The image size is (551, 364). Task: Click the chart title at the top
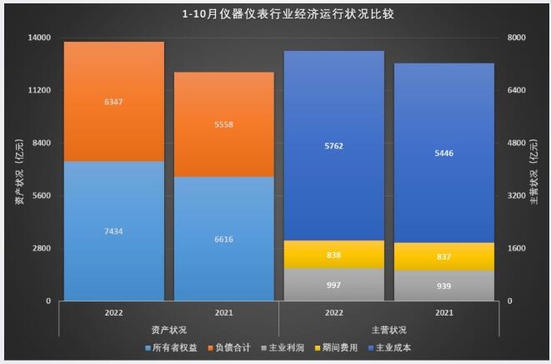click(275, 14)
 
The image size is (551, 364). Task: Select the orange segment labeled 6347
click(113, 101)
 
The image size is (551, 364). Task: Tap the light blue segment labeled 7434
click(113, 230)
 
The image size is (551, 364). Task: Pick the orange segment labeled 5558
click(223, 124)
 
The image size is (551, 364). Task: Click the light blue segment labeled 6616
click(223, 239)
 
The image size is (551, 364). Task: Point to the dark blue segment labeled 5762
click(333, 145)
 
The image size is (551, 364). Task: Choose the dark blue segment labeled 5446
click(444, 153)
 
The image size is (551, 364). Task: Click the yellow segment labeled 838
click(333, 255)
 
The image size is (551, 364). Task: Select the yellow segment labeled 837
click(444, 256)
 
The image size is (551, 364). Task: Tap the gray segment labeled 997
click(333, 285)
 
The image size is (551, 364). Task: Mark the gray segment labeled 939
click(444, 286)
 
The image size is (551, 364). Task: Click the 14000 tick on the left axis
click(40, 38)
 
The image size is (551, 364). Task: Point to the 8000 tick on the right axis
click(517, 38)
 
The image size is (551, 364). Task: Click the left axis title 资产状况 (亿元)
click(16, 169)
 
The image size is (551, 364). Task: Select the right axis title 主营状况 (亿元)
click(538, 169)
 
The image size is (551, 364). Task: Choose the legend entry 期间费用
click(343, 347)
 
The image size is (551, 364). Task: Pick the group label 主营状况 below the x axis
click(388, 329)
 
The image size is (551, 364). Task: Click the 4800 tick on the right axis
click(517, 143)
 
